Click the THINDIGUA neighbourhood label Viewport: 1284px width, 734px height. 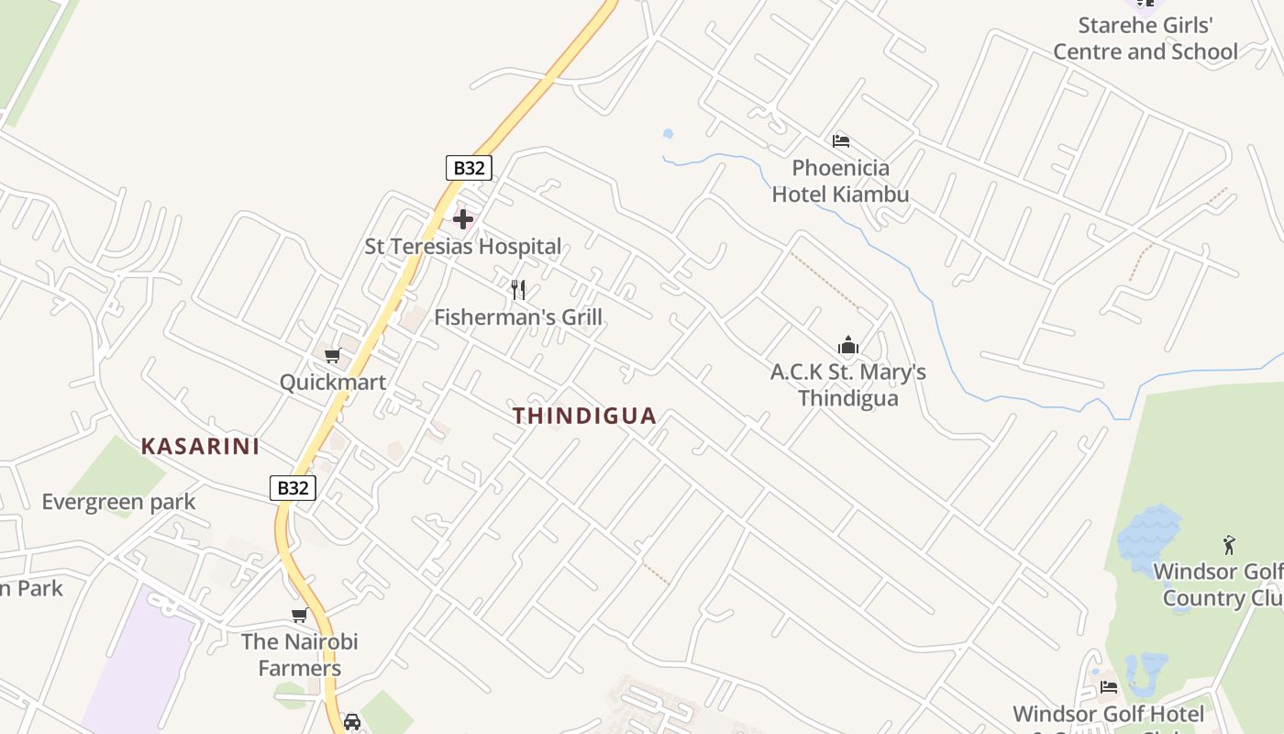coord(584,416)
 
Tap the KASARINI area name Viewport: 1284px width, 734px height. coord(200,447)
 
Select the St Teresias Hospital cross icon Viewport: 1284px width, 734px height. coord(463,219)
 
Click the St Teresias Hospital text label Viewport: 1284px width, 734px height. coord(463,246)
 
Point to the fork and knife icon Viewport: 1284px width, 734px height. coord(518,290)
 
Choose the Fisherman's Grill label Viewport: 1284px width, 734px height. coord(518,317)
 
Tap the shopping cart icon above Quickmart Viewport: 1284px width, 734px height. coord(332,356)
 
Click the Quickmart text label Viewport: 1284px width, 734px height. coord(333,382)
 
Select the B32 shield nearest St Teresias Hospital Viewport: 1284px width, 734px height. coord(469,168)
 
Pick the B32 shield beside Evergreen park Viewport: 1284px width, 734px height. coord(293,488)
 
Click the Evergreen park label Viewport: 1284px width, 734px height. coord(119,502)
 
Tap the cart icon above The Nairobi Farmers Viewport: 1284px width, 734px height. coord(299,615)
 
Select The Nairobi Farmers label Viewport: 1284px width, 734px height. coord(300,654)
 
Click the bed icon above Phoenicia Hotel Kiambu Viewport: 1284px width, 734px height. coord(840,141)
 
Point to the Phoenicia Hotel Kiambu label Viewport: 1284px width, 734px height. coord(840,181)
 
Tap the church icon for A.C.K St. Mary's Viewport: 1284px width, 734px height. coord(848,346)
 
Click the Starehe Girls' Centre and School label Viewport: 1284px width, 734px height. coord(1146,39)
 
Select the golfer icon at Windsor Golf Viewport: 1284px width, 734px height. coord(1229,545)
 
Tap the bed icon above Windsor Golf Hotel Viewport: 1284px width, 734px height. coord(1108,686)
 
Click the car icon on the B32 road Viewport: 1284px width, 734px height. coord(352,721)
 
